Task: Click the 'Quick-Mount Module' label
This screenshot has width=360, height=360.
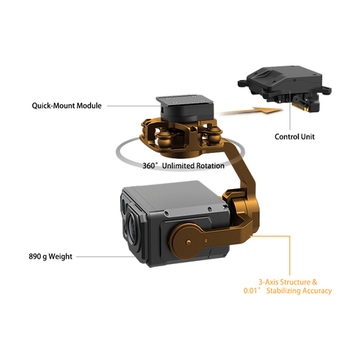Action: pyautogui.click(x=67, y=106)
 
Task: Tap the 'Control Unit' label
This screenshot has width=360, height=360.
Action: pyautogui.click(x=295, y=136)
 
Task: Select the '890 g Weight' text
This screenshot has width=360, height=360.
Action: pyautogui.click(x=50, y=256)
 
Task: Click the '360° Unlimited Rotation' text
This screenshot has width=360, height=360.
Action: pyautogui.click(x=183, y=166)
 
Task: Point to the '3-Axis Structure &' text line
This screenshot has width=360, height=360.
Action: pyautogui.click(x=288, y=282)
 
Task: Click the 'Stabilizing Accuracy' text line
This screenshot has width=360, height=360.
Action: pyautogui.click(x=299, y=291)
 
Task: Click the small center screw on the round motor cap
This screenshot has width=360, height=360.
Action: pyautogui.click(x=188, y=241)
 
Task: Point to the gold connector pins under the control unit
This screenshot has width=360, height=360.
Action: pyautogui.click(x=302, y=107)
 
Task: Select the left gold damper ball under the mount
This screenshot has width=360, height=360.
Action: pyautogui.click(x=163, y=141)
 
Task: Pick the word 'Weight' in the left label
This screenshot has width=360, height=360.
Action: pyautogui.click(x=60, y=256)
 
